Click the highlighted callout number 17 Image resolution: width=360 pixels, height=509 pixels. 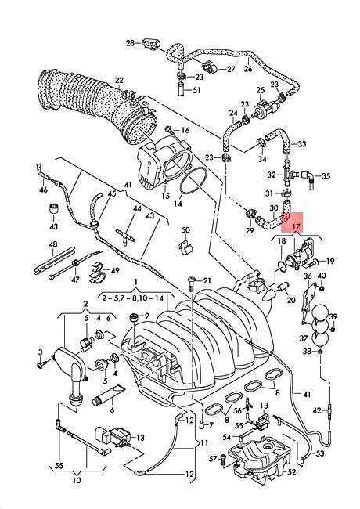point(296,226)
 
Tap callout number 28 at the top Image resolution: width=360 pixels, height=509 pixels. point(130,43)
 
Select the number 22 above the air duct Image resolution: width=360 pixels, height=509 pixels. point(119,80)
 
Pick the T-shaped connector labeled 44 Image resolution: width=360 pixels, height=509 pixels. point(125,235)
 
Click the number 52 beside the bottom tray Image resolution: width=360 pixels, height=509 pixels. point(292,471)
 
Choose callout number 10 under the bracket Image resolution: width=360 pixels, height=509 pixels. point(77,480)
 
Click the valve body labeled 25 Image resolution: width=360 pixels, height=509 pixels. point(266,106)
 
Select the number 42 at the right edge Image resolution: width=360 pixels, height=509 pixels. point(317,410)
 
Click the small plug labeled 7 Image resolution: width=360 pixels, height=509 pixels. point(201,424)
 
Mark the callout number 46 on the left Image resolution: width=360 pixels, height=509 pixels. point(43,189)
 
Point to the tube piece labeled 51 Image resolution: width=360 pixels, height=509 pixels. point(182,89)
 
